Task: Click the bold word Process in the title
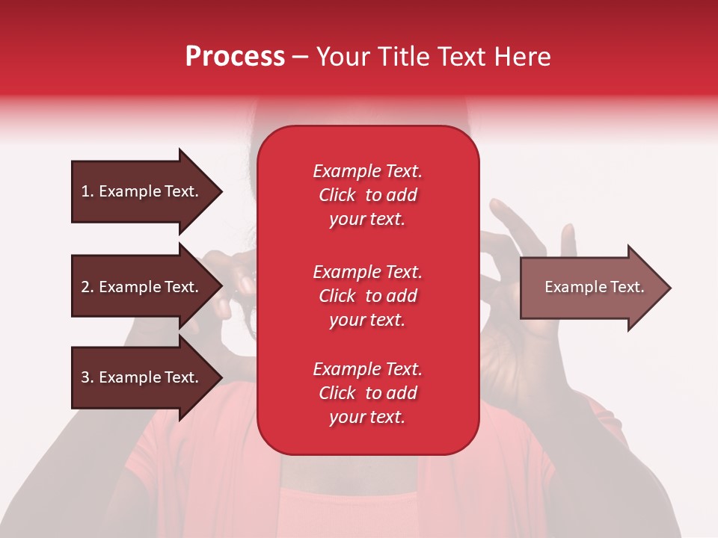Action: pyautogui.click(x=235, y=57)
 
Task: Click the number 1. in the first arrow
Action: pyautogui.click(x=88, y=191)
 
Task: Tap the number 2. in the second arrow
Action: pyautogui.click(x=88, y=287)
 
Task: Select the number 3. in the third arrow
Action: pyautogui.click(x=88, y=377)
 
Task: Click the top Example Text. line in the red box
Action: pyautogui.click(x=367, y=171)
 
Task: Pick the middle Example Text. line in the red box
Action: pyautogui.click(x=367, y=271)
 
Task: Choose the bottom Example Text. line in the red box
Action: pyautogui.click(x=367, y=369)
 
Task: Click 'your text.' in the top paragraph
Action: pyautogui.click(x=367, y=220)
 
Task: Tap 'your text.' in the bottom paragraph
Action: pyautogui.click(x=367, y=417)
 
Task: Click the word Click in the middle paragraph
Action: pyautogui.click(x=337, y=296)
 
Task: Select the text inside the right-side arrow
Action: pyautogui.click(x=594, y=287)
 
